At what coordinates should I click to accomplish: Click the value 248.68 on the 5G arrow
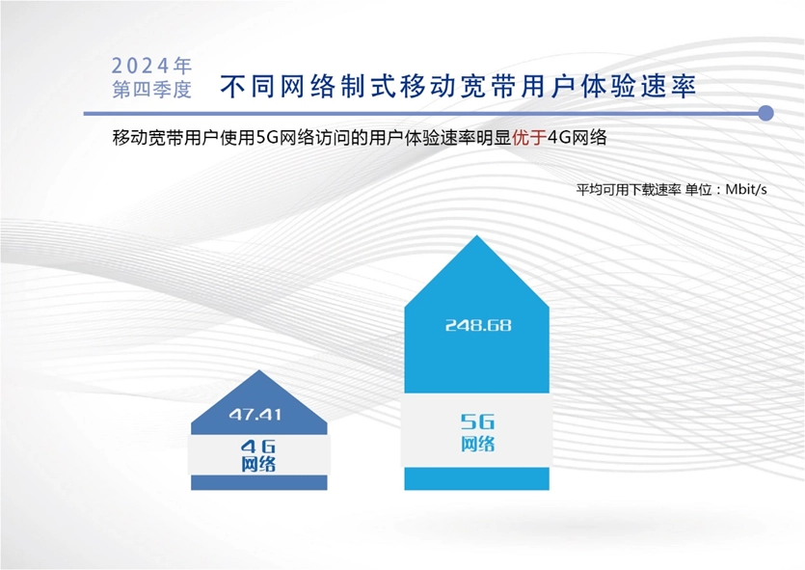tap(478, 325)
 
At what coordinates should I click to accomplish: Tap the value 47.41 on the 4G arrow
tap(255, 415)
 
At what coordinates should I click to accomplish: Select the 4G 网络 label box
tap(258, 455)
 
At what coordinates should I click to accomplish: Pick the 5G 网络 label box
tap(477, 430)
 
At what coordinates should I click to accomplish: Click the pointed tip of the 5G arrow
tap(477, 235)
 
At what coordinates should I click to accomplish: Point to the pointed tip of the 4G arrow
tap(259, 370)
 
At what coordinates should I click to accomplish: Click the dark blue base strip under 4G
tap(258, 482)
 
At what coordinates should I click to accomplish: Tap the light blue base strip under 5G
tap(477, 478)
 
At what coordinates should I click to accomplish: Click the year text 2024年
tap(151, 66)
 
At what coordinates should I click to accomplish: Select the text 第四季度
tap(152, 90)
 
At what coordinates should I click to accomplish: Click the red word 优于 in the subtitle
tap(529, 138)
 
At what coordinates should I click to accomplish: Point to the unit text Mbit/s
tap(746, 189)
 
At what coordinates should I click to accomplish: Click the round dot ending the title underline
tap(766, 113)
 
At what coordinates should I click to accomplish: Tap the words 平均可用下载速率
tap(629, 190)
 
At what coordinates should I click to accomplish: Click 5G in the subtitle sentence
tap(267, 138)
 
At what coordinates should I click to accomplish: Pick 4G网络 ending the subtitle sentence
tap(577, 138)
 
